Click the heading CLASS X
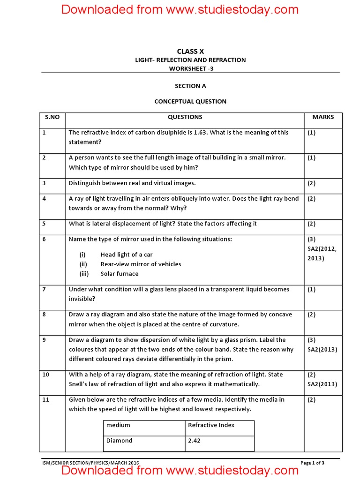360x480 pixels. point(190,52)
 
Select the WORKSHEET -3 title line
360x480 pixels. point(190,69)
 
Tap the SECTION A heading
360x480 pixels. point(190,86)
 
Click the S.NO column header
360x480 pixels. point(52,117)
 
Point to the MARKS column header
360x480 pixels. point(323,117)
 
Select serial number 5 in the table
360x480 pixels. point(44,224)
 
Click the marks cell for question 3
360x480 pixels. point(312,183)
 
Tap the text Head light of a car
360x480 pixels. point(127,255)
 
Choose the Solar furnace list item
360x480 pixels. point(120,274)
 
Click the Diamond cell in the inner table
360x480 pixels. point(120,441)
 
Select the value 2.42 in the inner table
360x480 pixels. point(194,441)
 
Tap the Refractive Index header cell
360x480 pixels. point(211,425)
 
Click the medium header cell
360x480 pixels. point(118,425)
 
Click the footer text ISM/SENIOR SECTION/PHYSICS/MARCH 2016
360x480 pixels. point(90,463)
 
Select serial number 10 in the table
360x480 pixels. point(45,375)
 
